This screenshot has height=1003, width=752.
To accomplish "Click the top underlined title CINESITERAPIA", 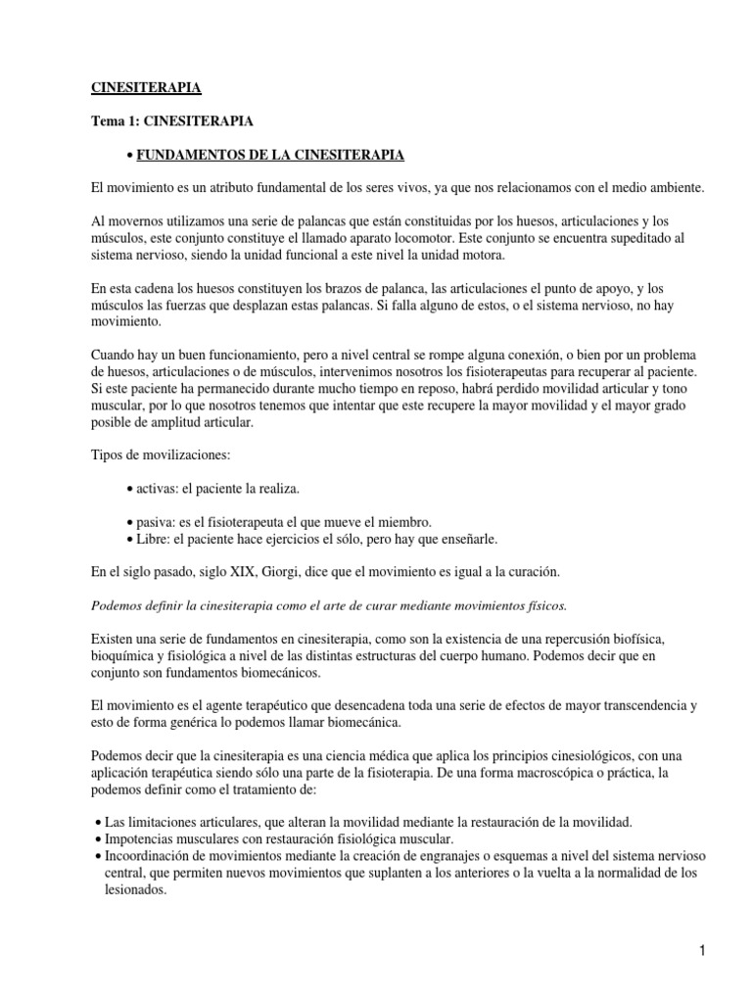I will pos(146,88).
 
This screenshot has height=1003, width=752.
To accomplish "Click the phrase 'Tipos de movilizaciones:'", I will pos(157,454).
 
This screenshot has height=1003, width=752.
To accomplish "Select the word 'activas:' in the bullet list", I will pos(159,487).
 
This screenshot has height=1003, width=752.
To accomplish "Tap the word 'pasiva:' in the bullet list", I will pos(158,521).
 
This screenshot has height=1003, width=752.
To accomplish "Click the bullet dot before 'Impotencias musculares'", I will pos(100,840).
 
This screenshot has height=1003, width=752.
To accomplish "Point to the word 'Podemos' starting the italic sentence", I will pos(117,605).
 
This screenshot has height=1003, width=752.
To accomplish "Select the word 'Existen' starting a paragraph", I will pos(113,639).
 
